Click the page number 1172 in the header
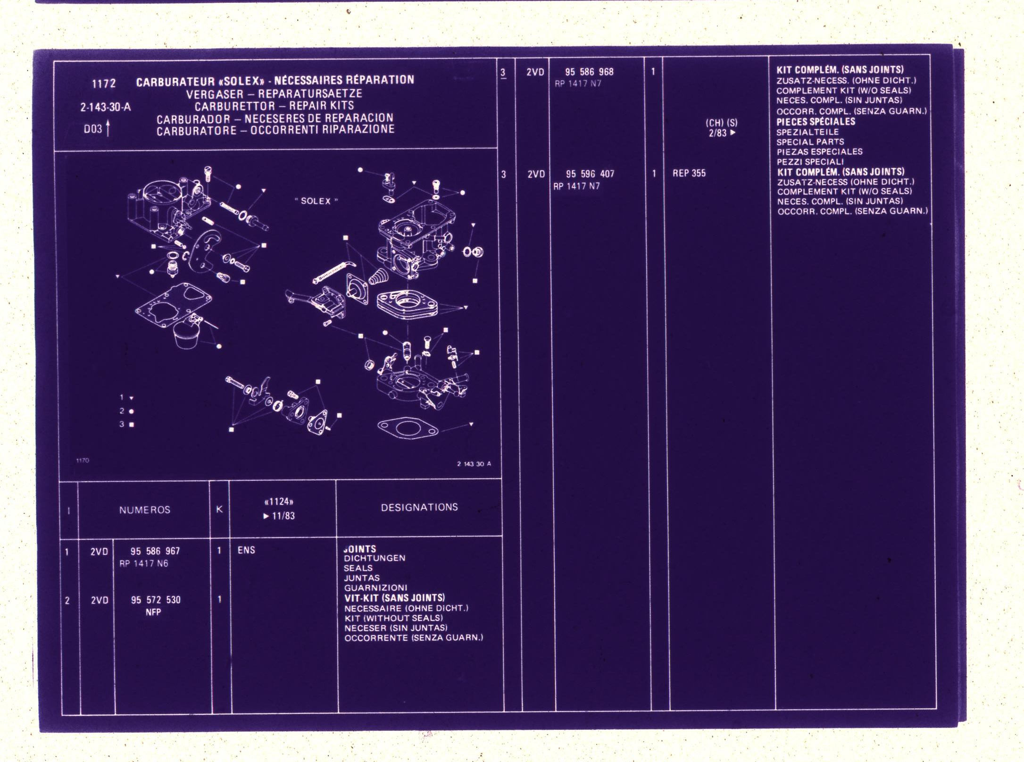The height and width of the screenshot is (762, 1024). pos(104,84)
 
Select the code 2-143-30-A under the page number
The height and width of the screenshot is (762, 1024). pos(105,107)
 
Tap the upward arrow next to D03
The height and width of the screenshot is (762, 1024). pos(108,128)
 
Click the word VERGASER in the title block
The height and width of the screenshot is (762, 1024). pos(215,94)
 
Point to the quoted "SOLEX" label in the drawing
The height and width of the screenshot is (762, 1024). pos(316,201)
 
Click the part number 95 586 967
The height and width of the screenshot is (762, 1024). pos(155,551)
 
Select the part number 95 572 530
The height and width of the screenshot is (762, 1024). pos(156,600)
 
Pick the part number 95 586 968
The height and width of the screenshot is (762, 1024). pos(589,72)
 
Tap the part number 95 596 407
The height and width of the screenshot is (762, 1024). pos(590,174)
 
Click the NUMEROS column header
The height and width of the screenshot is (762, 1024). pos(145,510)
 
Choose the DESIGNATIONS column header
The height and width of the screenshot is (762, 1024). pos(419,507)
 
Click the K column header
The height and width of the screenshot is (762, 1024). pos(219,509)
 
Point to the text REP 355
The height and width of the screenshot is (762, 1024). pos(689,173)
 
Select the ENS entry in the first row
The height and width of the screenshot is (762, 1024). pos(246,550)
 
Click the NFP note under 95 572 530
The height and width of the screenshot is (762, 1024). pos(153,612)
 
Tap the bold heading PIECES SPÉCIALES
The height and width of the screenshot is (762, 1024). pos(816,121)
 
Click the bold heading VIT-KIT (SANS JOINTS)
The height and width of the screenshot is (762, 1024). pos(394,598)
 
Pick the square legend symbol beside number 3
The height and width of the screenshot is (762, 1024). pos(132,424)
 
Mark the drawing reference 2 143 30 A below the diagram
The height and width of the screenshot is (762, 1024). pos(474,464)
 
